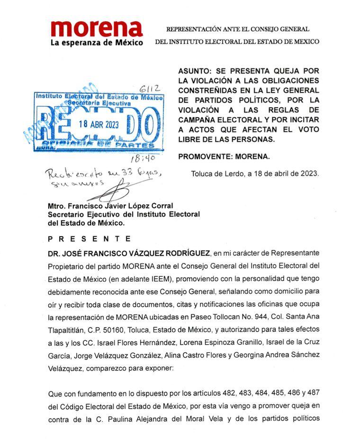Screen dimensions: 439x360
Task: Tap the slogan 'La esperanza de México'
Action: [97, 43]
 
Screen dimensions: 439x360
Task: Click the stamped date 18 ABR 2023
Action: [99, 124]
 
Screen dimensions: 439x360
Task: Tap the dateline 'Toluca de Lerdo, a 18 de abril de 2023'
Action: [255, 174]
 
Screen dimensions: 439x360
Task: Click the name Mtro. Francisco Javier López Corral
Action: [110, 206]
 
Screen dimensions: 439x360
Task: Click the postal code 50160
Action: [117, 315]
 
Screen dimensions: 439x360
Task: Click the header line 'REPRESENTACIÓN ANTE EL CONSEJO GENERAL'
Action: [237, 29]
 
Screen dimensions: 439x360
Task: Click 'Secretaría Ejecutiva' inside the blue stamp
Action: [99, 102]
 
